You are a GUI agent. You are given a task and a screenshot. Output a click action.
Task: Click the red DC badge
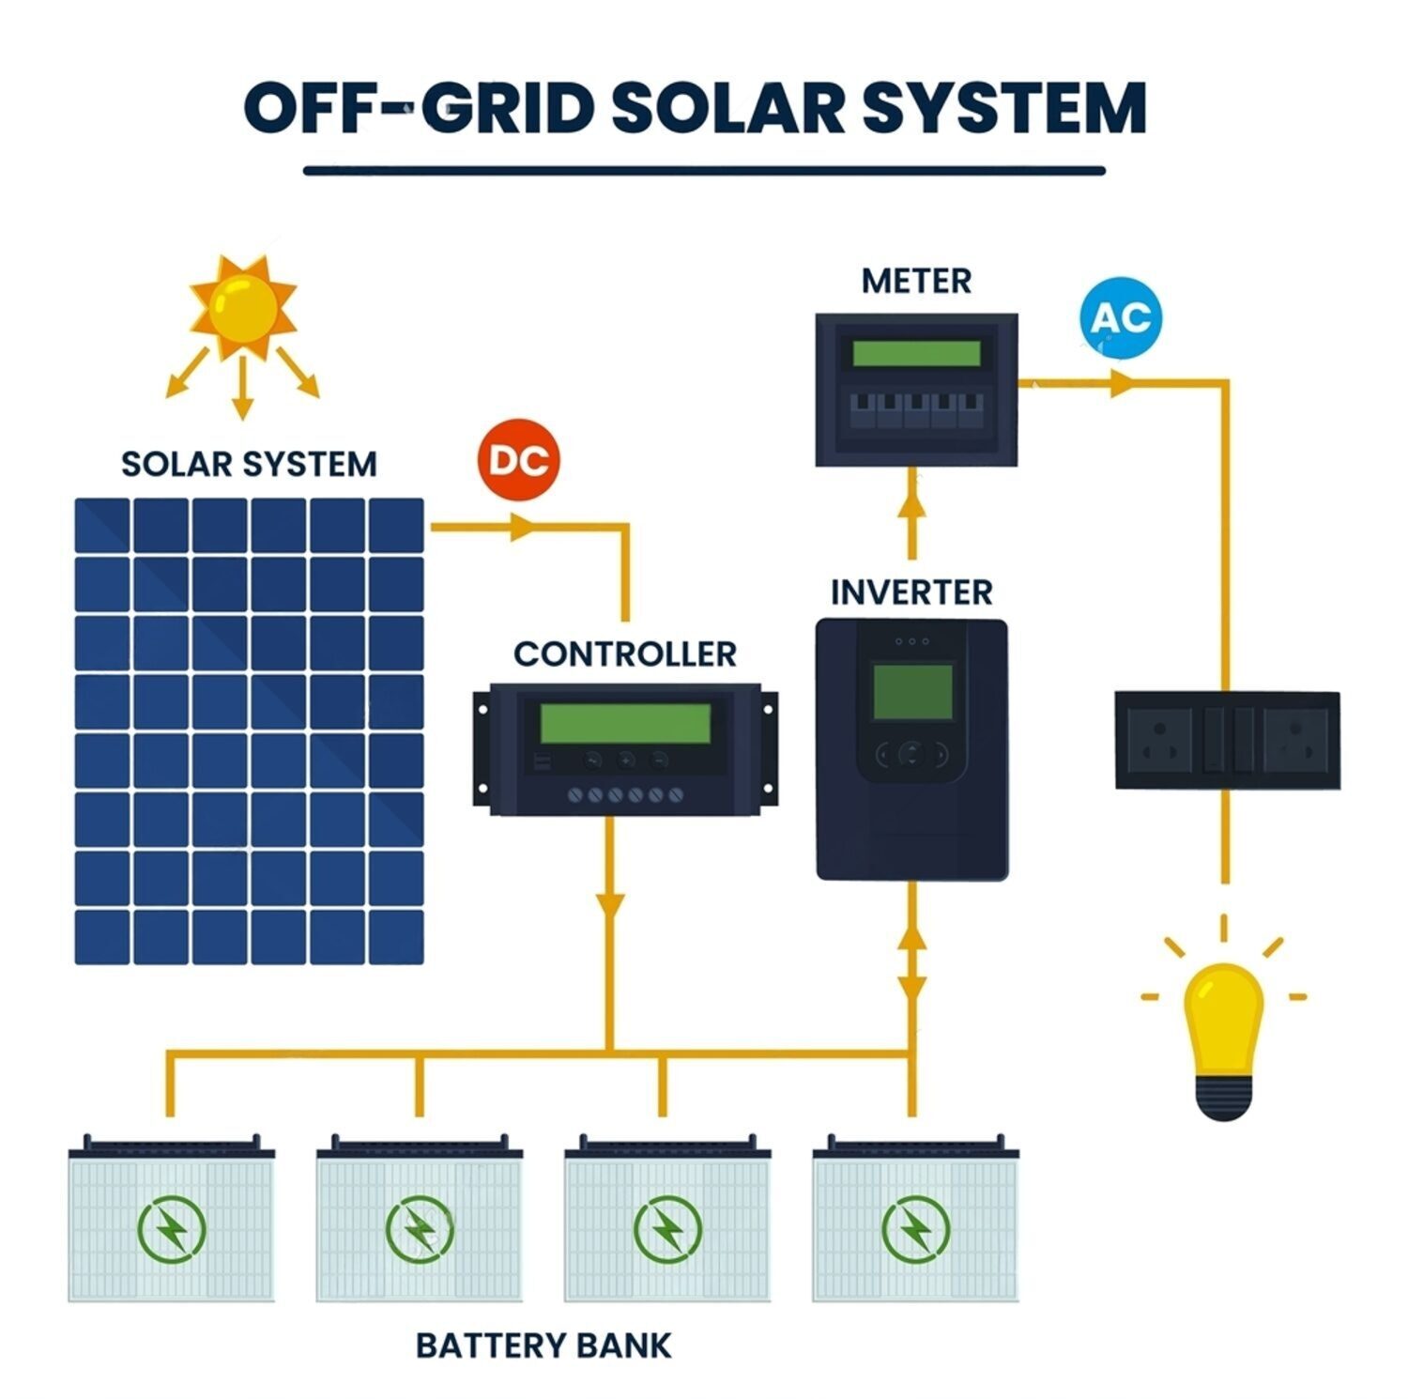coord(518,460)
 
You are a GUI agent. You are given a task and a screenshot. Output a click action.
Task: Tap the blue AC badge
coord(1121,317)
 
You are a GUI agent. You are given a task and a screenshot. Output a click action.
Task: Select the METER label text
coord(916,281)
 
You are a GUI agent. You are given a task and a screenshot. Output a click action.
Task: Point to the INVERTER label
coord(911,592)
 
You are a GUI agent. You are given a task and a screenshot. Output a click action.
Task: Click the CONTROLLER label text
coord(625,653)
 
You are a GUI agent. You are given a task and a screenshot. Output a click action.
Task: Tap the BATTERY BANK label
coord(543,1345)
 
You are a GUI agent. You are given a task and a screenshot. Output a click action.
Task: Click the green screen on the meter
coord(916,354)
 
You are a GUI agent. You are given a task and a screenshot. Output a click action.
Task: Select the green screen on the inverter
coord(912,691)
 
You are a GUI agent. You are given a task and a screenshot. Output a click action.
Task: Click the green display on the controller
coord(625,723)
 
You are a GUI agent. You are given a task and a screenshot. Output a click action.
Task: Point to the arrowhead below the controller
coord(610,906)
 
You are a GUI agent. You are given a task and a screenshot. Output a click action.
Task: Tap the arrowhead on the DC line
coord(522,528)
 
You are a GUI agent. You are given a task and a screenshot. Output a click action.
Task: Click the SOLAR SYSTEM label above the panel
coord(249,464)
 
